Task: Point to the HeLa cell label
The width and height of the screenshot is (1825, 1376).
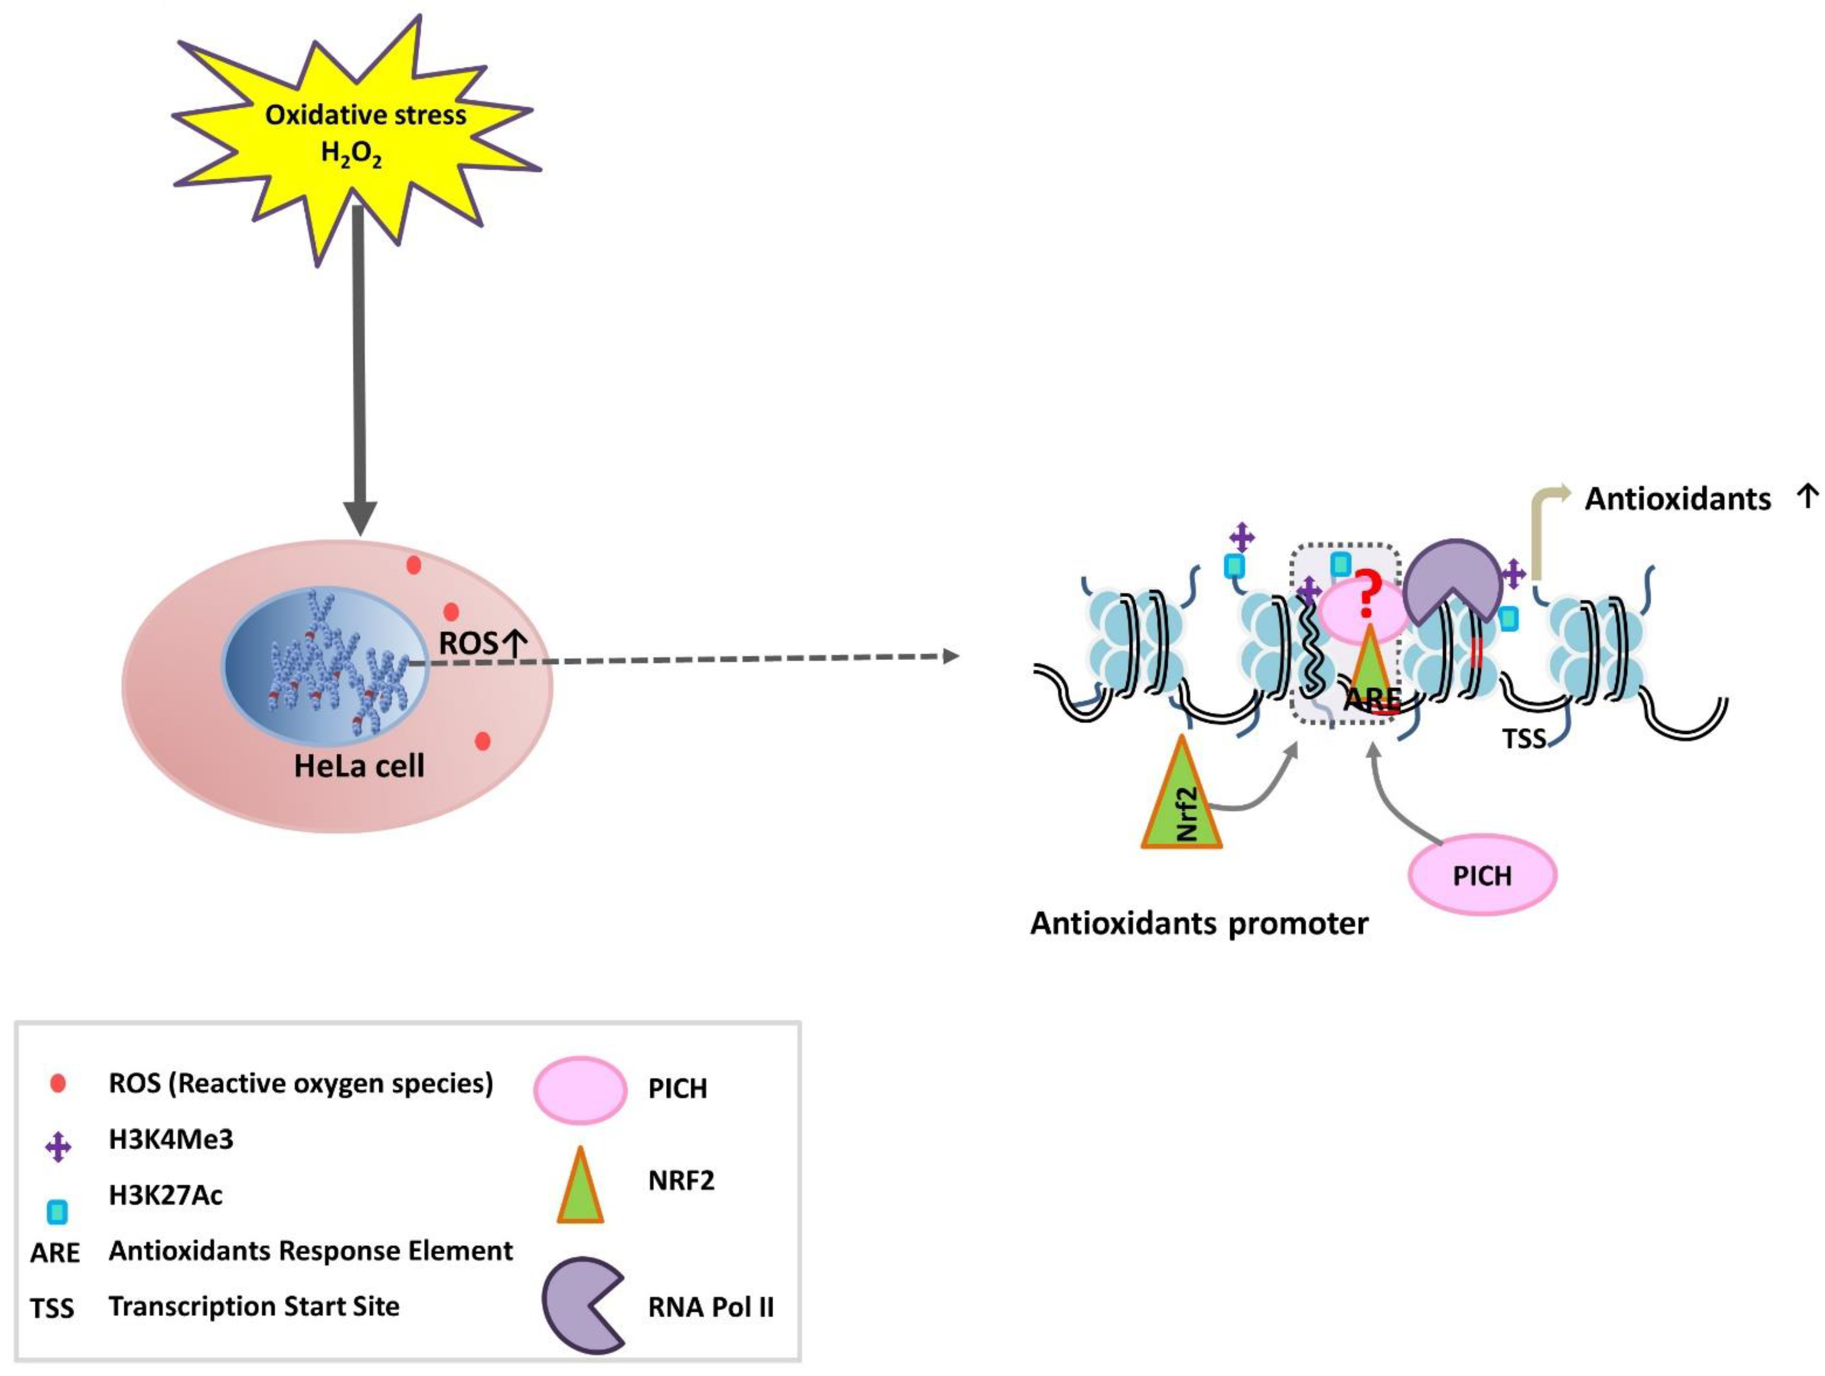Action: click(359, 767)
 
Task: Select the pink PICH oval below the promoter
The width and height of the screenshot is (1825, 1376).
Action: click(1482, 875)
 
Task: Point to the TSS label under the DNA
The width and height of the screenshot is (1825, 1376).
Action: click(1523, 738)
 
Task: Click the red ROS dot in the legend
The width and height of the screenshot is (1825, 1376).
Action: click(58, 1083)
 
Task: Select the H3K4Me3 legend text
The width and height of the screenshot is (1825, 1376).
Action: click(171, 1139)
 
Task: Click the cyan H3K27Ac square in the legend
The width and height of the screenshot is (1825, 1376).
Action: click(58, 1211)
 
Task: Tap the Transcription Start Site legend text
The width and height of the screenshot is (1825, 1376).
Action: click(254, 1306)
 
